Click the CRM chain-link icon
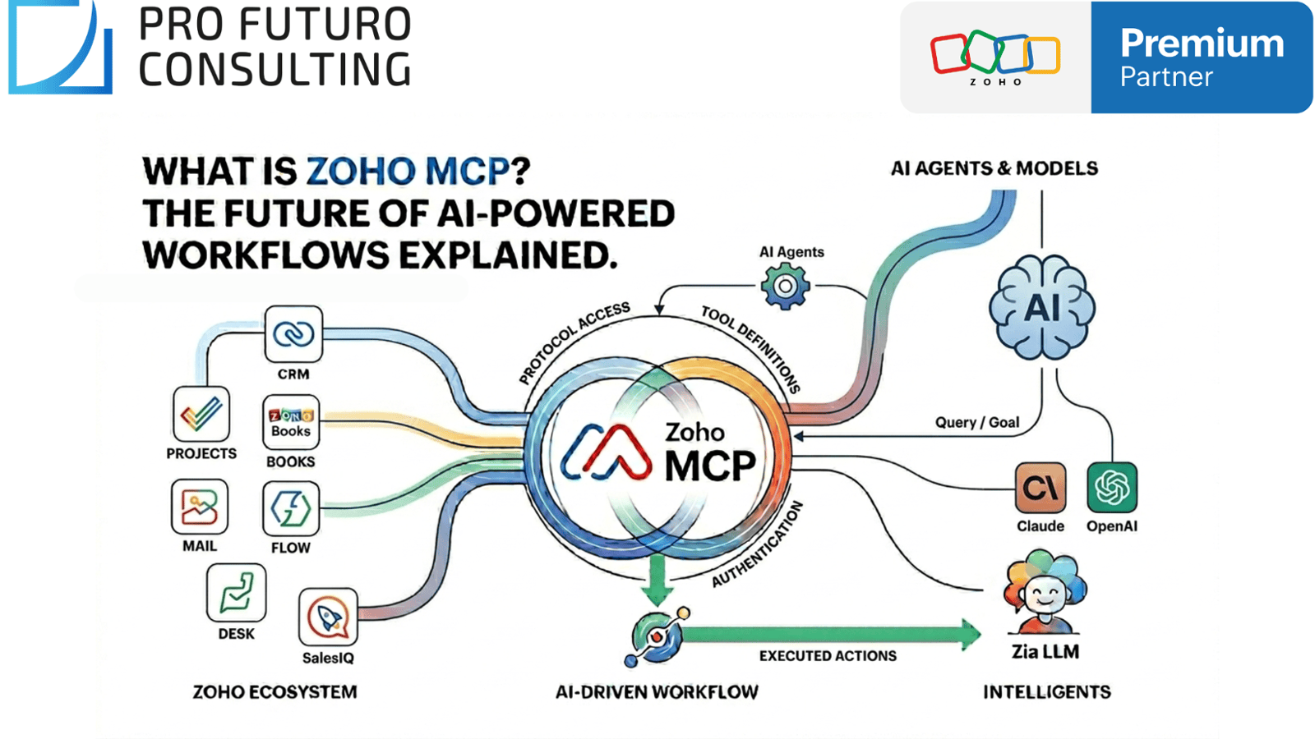pyautogui.click(x=293, y=334)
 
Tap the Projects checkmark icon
pyautogui.click(x=201, y=414)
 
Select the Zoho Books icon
pyautogui.click(x=291, y=422)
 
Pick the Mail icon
pyautogui.click(x=200, y=507)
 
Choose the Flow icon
pyautogui.click(x=291, y=509)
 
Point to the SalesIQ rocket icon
pyautogui.click(x=328, y=617)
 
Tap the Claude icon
pyautogui.click(x=1040, y=489)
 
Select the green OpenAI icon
pyautogui.click(x=1112, y=488)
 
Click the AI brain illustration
pyautogui.click(x=1042, y=308)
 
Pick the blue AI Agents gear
pyautogui.click(x=785, y=287)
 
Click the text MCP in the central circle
pyautogui.click(x=710, y=466)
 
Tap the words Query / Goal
pyautogui.click(x=977, y=422)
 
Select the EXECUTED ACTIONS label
pyautogui.click(x=828, y=655)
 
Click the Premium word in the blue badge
pyautogui.click(x=1202, y=44)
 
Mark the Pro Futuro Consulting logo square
pyautogui.click(x=60, y=47)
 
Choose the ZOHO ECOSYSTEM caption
pyautogui.click(x=275, y=692)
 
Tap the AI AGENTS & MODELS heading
pyautogui.click(x=994, y=168)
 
